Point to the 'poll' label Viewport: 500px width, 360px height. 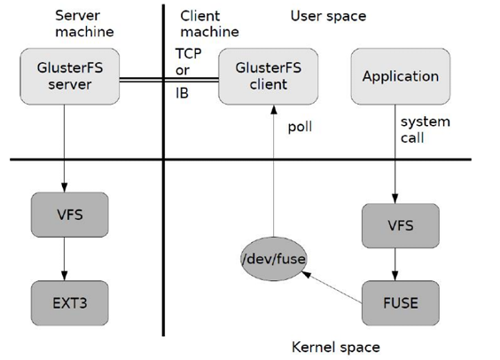coord(301,127)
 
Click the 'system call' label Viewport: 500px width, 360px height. coord(425,130)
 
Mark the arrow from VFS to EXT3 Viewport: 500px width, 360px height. coord(66,259)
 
